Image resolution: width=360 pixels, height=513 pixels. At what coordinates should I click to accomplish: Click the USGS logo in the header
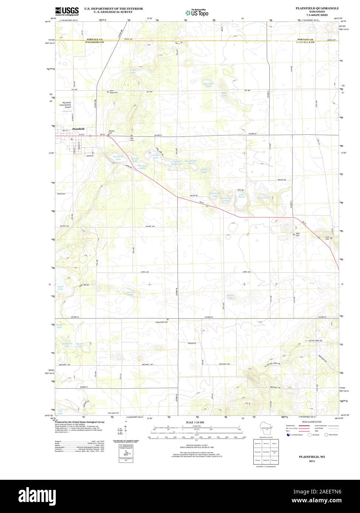click(x=67, y=11)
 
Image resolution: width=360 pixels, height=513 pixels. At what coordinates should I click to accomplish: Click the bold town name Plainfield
click(x=78, y=128)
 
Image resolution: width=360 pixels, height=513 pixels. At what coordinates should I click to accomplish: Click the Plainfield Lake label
click(x=118, y=158)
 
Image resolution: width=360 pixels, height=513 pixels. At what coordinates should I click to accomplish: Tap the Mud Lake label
click(x=263, y=198)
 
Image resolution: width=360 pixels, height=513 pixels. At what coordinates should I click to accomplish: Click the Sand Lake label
click(x=60, y=288)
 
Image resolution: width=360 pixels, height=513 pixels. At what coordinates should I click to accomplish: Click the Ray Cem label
click(x=131, y=140)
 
